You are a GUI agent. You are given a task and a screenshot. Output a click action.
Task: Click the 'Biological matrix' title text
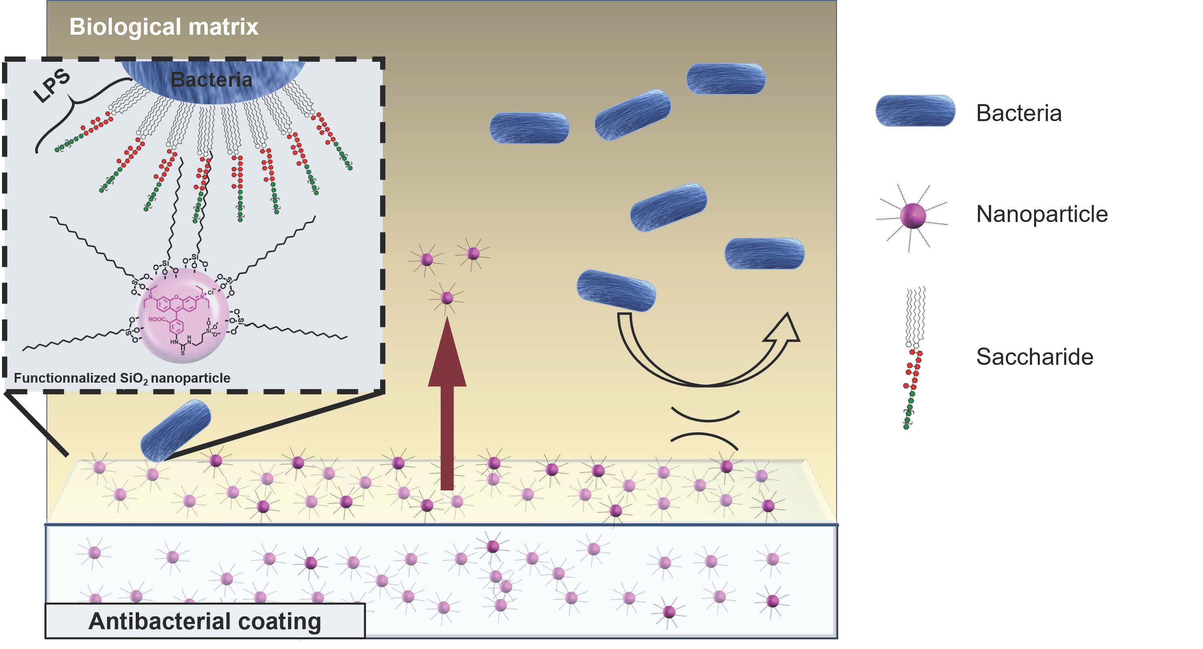pos(164,27)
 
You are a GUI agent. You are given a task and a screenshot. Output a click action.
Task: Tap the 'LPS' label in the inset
pos(52,86)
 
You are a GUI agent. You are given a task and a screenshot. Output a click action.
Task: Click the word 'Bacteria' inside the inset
pos(211,80)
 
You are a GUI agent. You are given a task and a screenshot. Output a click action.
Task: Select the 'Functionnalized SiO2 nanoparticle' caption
pos(122,378)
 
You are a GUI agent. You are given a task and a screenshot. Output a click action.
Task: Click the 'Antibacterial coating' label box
pos(204,621)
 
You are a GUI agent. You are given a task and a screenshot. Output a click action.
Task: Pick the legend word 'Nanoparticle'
pos(1042,214)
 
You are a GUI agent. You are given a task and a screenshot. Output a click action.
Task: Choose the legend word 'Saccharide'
pos(1035,357)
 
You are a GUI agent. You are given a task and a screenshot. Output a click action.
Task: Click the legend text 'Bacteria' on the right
pos(1018,113)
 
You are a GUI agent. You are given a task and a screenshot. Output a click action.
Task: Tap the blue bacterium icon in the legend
pos(915,111)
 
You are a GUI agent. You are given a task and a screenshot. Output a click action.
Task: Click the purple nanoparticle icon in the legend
pos(913,216)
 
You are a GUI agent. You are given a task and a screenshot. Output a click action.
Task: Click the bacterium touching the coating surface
pos(176,430)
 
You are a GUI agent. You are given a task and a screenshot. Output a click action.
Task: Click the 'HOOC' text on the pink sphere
pos(156,320)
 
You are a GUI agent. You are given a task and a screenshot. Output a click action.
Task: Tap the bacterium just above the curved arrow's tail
pos(616,291)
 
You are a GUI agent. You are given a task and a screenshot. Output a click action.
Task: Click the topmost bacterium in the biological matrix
pos(726,79)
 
